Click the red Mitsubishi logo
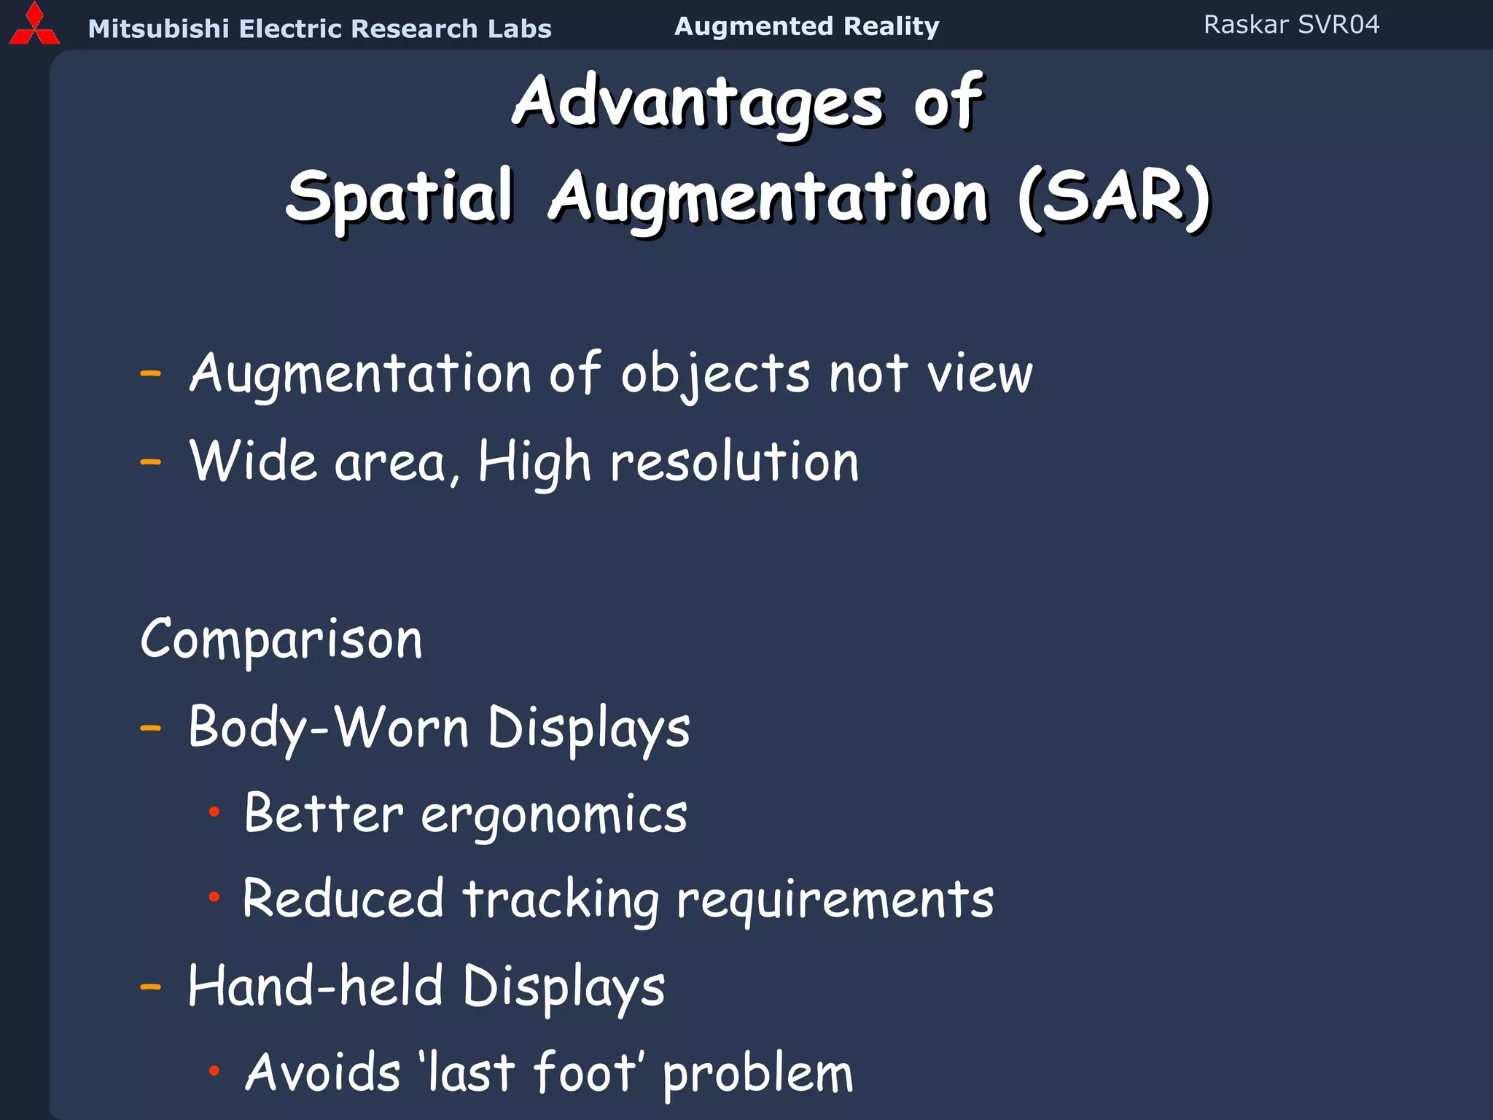point(34,26)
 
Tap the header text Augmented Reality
point(806,26)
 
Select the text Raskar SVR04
point(1291,25)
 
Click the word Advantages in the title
point(698,102)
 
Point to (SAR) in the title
point(1113,197)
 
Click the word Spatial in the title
point(399,197)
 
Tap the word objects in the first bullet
point(715,374)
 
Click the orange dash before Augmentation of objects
point(150,374)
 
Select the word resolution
point(735,462)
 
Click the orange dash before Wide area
point(150,462)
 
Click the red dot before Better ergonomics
point(214,812)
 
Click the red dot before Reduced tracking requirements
point(214,898)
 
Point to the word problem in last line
point(757,1074)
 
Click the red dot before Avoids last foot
point(214,1070)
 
